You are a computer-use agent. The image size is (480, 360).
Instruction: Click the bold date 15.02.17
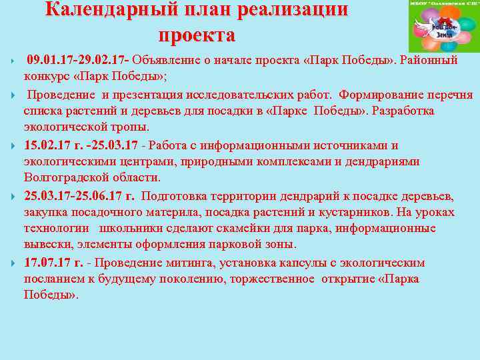tap(49, 145)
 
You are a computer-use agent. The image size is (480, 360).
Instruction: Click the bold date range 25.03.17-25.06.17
tap(79, 196)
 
